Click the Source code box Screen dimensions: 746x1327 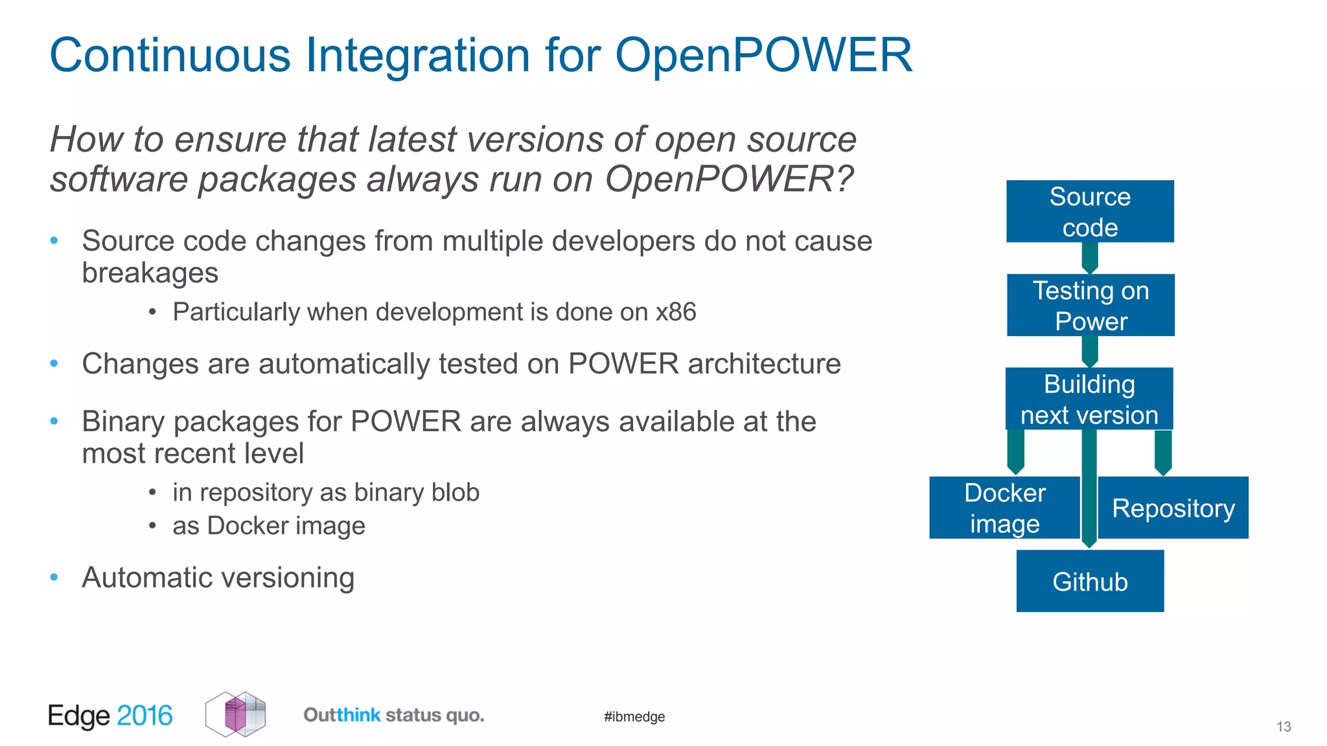click(x=1090, y=211)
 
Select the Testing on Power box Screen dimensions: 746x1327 click(x=1090, y=305)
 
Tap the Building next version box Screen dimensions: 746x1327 click(x=1089, y=398)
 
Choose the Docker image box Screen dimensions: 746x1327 click(x=1004, y=508)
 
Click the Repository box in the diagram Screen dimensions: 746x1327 click(x=1173, y=508)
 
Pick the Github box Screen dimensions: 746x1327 click(x=1090, y=581)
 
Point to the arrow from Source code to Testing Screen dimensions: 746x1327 click(x=1090, y=258)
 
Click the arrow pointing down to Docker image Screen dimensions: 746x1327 click(x=1015, y=452)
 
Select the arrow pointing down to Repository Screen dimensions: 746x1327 click(x=1163, y=452)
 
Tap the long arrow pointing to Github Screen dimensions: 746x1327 click(x=1089, y=492)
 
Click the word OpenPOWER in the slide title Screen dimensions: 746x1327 click(x=763, y=55)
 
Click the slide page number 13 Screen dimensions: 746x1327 click(x=1284, y=727)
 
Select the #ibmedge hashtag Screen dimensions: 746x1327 click(x=634, y=716)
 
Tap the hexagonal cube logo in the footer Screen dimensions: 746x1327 click(x=236, y=714)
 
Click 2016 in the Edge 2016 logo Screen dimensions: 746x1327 click(x=144, y=716)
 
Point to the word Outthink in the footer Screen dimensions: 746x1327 click(x=341, y=715)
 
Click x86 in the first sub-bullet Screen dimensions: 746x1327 click(x=675, y=312)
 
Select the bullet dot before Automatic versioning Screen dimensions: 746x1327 click(x=54, y=577)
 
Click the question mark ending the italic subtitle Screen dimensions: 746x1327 click(x=844, y=179)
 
